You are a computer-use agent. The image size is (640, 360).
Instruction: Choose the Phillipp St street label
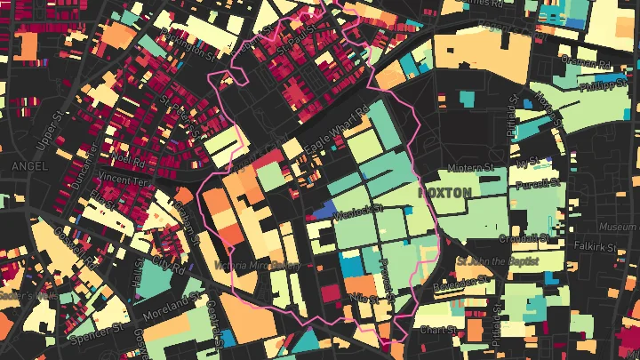(x=603, y=85)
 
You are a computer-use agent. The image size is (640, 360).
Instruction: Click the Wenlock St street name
(x=356, y=211)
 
